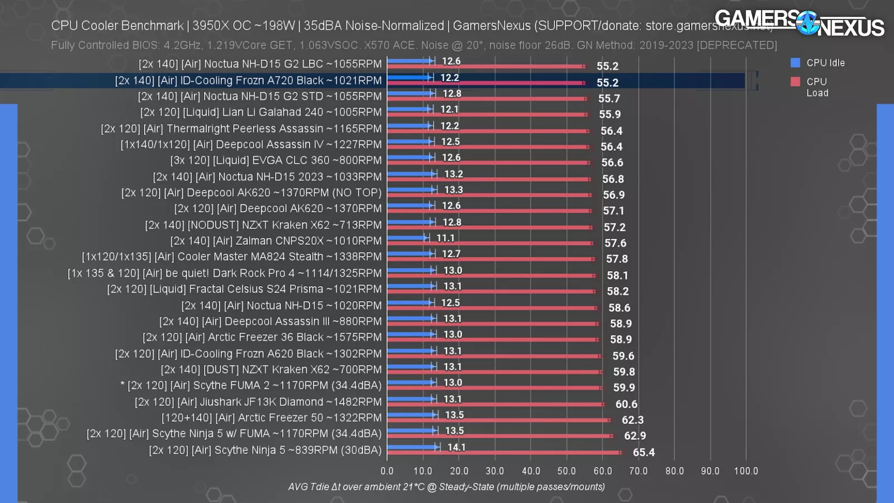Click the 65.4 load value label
tap(644, 452)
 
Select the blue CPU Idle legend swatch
tap(795, 63)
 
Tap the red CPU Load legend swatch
tap(795, 82)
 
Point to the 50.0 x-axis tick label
tap(566, 471)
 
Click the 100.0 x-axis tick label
tap(746, 471)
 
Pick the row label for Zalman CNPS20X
tap(276, 241)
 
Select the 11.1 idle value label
tap(445, 238)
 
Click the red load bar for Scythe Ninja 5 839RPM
tap(503, 452)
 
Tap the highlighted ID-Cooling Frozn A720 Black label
tap(248, 80)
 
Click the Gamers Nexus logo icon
tap(807, 23)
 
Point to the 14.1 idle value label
tap(456, 447)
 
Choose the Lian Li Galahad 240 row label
tap(261, 112)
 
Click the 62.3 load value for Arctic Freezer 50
tap(633, 420)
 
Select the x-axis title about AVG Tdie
tap(446, 487)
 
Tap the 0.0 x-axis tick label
tap(387, 471)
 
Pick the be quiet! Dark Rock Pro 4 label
tap(225, 273)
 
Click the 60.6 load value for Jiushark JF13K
tap(626, 404)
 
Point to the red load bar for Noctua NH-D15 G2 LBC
tap(486, 66)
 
